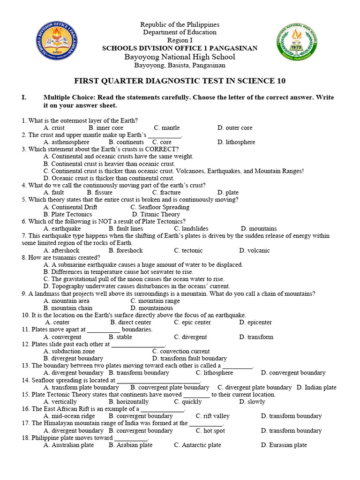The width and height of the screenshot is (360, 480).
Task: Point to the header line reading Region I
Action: (180, 40)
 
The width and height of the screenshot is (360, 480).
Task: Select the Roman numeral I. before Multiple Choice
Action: (24, 97)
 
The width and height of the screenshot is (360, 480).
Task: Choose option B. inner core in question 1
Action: (105, 127)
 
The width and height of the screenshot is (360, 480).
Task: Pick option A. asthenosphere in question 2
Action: (66, 142)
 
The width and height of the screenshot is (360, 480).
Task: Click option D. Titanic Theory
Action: (156, 214)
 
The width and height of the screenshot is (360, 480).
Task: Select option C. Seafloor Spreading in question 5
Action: (160, 207)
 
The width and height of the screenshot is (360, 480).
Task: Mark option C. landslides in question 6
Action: (191, 229)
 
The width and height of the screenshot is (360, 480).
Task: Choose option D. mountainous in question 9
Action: (152, 308)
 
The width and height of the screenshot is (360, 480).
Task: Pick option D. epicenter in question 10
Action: (255, 322)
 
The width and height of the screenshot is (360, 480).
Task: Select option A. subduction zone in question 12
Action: (69, 351)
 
